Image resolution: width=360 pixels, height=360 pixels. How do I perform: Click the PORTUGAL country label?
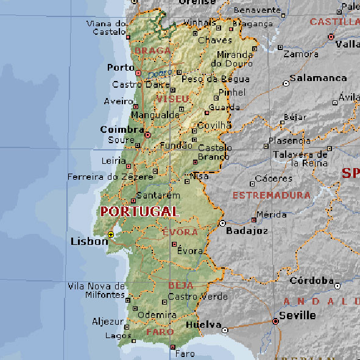[139, 212]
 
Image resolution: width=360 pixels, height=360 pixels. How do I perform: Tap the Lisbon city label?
[89, 241]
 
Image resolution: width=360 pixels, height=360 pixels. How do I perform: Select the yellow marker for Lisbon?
[110, 235]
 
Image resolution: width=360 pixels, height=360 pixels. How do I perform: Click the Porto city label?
[120, 68]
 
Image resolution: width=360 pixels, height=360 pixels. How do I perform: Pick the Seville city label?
[297, 316]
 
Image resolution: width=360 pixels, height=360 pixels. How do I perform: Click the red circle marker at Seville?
[275, 321]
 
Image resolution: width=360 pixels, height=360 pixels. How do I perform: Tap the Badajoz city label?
[247, 231]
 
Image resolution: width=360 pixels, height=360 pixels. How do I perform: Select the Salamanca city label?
[318, 78]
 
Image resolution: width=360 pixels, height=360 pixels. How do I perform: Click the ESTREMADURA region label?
[272, 196]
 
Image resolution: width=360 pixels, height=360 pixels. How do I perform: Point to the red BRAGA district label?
[153, 51]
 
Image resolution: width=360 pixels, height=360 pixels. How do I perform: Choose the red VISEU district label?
[173, 99]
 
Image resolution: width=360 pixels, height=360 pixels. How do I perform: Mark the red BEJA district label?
[181, 285]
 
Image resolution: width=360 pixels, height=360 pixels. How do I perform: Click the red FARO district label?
[160, 332]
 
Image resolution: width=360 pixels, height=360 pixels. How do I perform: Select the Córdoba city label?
[311, 281]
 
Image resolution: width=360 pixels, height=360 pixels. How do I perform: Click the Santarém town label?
[158, 196]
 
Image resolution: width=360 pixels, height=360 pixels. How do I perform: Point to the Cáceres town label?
[274, 179]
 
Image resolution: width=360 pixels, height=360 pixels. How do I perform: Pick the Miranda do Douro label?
[235, 58]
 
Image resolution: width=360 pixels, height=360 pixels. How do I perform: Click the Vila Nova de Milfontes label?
[96, 291]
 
